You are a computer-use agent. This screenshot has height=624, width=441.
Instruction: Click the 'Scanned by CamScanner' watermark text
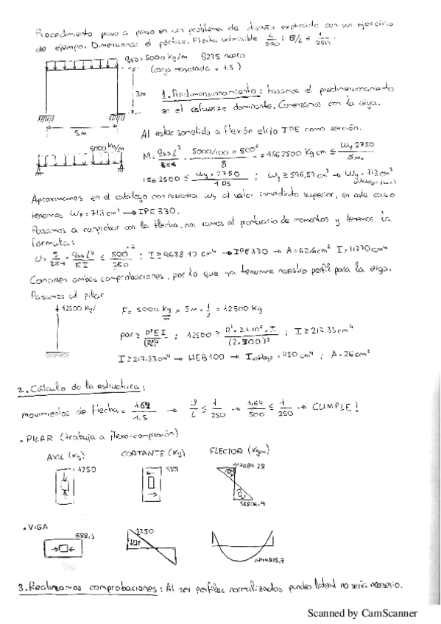361,612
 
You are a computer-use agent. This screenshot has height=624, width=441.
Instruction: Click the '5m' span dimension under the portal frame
80,134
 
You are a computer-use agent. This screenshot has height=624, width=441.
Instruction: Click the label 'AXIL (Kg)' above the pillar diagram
57,455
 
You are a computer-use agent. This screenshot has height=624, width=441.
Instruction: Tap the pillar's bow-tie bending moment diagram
240,483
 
